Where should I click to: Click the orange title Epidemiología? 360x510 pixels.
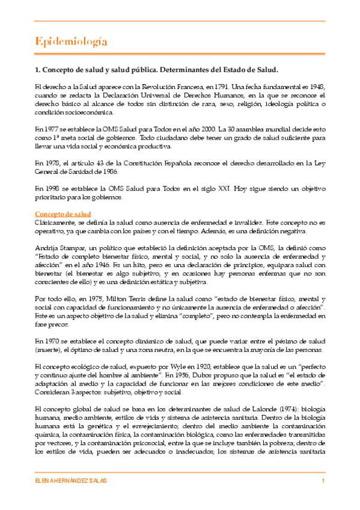pos(71,41)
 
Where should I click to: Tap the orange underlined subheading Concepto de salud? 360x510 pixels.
pos(63,214)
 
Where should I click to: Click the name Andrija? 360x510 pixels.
pos(47,247)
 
